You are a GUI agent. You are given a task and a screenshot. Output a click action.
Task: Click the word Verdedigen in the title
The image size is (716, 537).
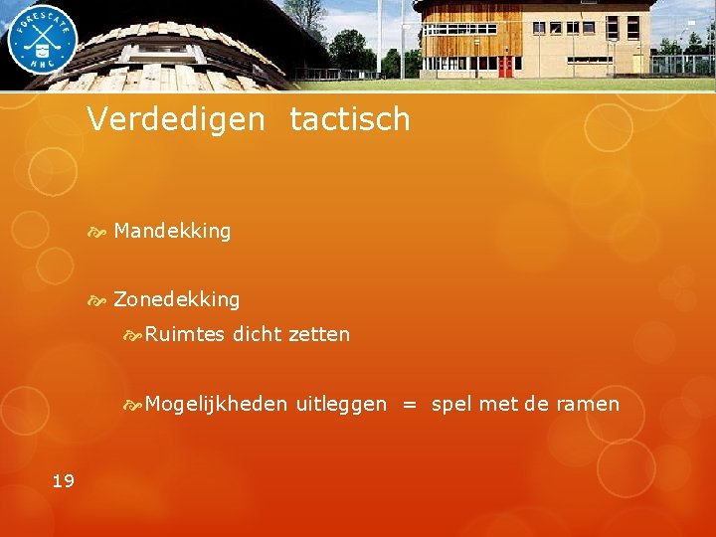[x=176, y=120]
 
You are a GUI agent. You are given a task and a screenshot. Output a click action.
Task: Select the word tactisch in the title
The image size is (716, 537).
[x=350, y=120]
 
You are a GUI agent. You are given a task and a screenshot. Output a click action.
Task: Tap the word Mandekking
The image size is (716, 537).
[x=172, y=231]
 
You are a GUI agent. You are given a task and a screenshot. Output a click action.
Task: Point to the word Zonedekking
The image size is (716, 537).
[x=177, y=299]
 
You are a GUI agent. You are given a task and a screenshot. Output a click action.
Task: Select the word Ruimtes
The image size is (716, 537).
[x=185, y=335]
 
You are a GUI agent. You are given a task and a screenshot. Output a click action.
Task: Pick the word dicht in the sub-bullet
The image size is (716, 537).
[x=258, y=335]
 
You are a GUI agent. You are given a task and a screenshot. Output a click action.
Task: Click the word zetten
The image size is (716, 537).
[x=319, y=335]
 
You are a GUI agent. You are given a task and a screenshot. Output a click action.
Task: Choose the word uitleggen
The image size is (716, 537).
[x=341, y=405]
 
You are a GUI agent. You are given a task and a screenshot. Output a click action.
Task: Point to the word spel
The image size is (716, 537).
[x=452, y=405]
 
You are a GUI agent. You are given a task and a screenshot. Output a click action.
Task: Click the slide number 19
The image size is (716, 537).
[x=63, y=481]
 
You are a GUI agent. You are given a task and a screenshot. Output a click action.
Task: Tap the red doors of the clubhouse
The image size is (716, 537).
[x=505, y=67]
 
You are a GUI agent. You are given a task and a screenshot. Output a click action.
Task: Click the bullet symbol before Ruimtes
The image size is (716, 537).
[x=132, y=336]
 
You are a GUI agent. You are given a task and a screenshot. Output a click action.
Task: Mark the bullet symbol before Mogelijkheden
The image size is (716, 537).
[x=132, y=406]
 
